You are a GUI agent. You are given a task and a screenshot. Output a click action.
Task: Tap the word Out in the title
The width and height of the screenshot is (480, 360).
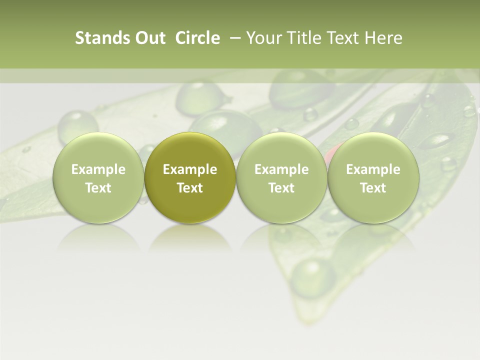[148, 38]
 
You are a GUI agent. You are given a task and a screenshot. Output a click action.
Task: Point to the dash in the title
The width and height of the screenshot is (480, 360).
[233, 38]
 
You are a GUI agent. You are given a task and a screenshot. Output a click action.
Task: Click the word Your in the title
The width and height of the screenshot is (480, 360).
[262, 38]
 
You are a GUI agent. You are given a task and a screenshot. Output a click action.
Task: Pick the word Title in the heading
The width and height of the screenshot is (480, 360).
[301, 38]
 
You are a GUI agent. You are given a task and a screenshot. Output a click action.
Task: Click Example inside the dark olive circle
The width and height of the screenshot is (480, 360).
[190, 169]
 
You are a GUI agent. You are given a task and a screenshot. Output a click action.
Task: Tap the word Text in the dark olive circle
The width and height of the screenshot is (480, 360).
[190, 188]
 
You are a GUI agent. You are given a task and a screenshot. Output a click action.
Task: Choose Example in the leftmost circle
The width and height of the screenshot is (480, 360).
[98, 169]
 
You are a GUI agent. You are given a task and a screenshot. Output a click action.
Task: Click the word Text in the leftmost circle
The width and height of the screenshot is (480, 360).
[98, 188]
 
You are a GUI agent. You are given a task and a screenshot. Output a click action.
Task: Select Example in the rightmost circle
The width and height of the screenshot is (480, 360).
[373, 169]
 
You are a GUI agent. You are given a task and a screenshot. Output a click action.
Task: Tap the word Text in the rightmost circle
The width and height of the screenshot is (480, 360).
[373, 188]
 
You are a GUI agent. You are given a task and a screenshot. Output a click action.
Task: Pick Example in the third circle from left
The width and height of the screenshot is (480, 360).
[281, 169]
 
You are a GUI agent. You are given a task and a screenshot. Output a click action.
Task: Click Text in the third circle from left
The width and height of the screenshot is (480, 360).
[281, 188]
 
